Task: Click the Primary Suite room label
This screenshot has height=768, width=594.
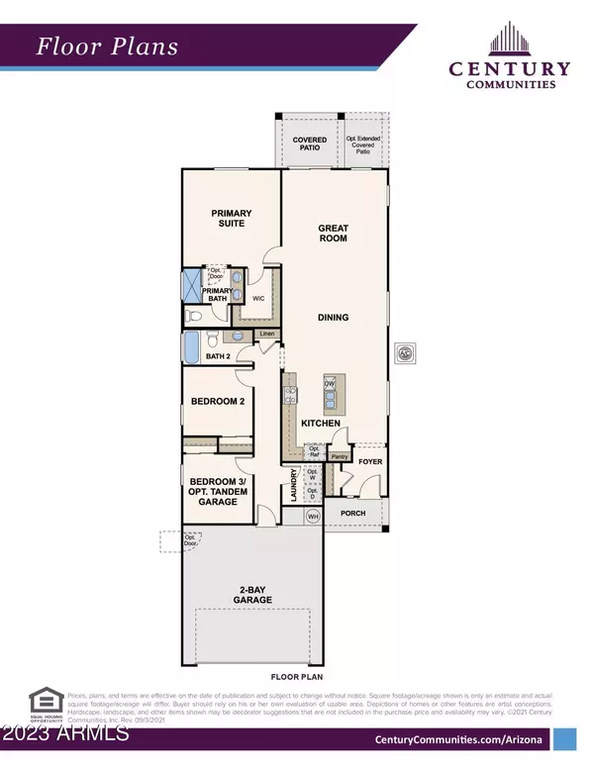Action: pyautogui.click(x=232, y=219)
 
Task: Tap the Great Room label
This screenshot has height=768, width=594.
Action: pyautogui.click(x=333, y=233)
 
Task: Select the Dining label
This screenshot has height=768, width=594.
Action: pyautogui.click(x=333, y=318)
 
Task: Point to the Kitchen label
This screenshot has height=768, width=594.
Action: pyautogui.click(x=322, y=424)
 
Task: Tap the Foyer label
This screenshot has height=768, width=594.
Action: pyautogui.click(x=370, y=461)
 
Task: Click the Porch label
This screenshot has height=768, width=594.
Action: pyautogui.click(x=354, y=513)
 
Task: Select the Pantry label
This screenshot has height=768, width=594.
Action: pyautogui.click(x=339, y=456)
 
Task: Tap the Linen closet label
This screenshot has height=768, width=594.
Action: pyautogui.click(x=266, y=335)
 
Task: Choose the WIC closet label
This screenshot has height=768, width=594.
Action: pyautogui.click(x=257, y=297)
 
